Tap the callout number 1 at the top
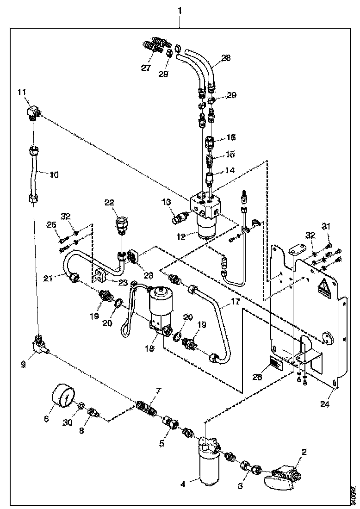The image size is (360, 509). point(180,10)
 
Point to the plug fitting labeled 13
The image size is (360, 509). point(179,217)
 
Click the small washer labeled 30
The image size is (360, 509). point(81,406)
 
